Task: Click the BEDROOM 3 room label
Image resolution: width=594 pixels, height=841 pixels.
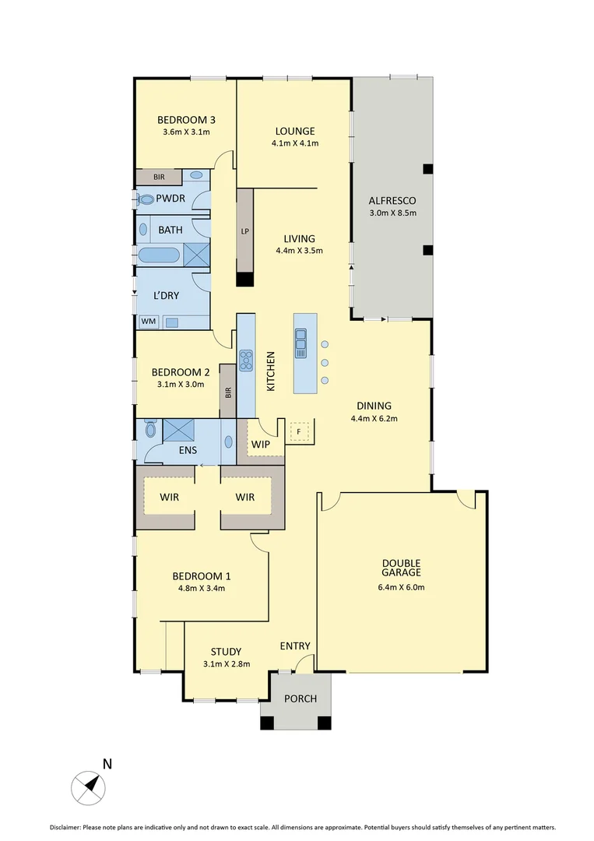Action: (x=186, y=120)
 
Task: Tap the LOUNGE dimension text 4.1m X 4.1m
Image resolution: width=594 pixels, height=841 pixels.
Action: (x=295, y=143)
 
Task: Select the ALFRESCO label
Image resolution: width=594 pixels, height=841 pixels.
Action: (x=392, y=200)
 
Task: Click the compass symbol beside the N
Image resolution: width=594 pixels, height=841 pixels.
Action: (x=88, y=786)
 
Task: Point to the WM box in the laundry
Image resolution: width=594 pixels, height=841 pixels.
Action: (x=147, y=321)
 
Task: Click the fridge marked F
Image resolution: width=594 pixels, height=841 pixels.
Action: (x=299, y=430)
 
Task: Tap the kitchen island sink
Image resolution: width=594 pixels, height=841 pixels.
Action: (x=301, y=343)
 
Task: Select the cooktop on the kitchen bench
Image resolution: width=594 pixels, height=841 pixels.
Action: (x=246, y=361)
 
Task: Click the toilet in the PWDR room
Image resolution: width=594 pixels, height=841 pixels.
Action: (x=146, y=199)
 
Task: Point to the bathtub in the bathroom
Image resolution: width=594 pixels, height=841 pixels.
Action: (x=159, y=255)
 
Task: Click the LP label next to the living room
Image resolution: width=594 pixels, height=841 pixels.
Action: (x=245, y=232)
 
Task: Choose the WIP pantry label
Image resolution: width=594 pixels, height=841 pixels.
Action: (x=259, y=444)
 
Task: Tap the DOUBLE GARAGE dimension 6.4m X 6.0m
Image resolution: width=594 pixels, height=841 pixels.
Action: (x=401, y=587)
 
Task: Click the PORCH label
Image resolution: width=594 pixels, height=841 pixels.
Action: (x=300, y=698)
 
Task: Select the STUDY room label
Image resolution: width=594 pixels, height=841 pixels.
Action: (x=226, y=652)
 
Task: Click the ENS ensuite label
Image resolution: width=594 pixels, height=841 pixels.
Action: (x=188, y=450)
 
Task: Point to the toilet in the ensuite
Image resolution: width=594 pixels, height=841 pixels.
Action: (x=150, y=428)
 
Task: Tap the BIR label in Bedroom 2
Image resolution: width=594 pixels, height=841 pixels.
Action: (x=228, y=392)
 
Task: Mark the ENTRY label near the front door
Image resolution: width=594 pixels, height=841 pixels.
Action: (x=295, y=646)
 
